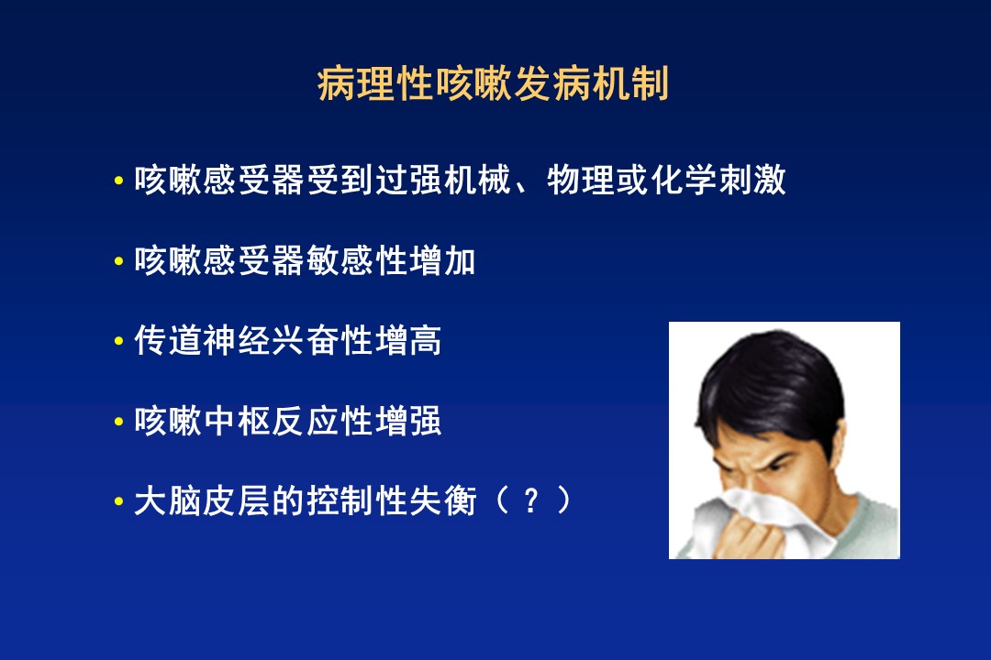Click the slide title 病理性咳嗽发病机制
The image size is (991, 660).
coord(493,84)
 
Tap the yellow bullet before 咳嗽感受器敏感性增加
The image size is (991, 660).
coord(118,261)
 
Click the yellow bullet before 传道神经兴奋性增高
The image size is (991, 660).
coord(118,341)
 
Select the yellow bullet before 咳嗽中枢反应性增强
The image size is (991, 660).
coord(118,422)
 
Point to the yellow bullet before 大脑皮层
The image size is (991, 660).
coord(118,501)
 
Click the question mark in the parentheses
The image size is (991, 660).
coord(531,501)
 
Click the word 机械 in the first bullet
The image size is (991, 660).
coord(478,180)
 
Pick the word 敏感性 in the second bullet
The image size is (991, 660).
coord(358,261)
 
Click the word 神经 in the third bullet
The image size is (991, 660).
coord(237,341)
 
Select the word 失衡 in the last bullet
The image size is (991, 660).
coord(443,501)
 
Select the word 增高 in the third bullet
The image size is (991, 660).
coord(409,341)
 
